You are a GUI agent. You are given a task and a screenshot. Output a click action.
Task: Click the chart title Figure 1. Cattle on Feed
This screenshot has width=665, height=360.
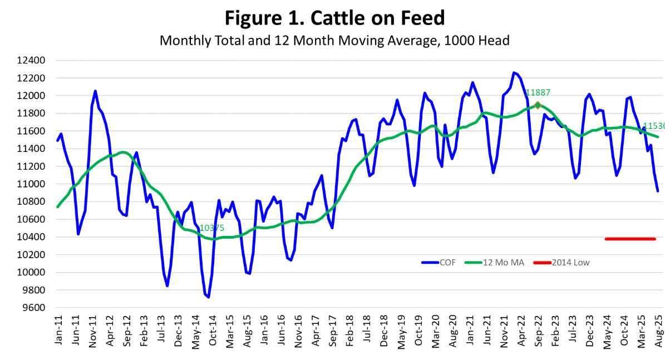335,18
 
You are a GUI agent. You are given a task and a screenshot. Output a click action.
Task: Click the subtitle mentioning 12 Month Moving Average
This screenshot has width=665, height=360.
335,41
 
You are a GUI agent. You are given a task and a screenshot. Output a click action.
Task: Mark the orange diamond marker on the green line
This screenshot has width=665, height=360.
538,105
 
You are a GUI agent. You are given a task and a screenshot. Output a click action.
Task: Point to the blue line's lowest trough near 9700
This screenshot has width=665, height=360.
208,297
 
